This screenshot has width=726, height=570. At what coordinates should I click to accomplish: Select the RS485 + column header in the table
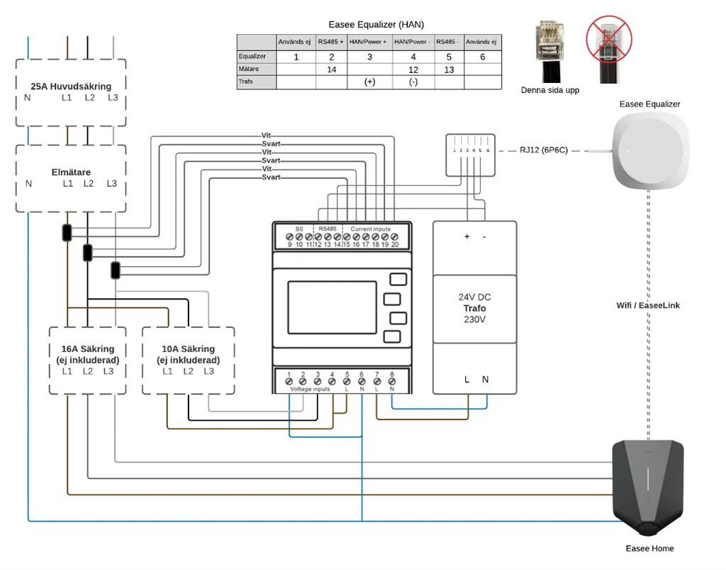(x=330, y=42)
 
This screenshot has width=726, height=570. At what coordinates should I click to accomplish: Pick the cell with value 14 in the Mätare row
(x=330, y=69)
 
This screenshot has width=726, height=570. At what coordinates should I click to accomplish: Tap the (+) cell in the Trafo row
(x=369, y=82)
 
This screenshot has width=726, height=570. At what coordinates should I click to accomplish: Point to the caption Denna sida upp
(x=550, y=90)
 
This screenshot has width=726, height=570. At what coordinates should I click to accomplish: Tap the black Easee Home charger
(x=649, y=486)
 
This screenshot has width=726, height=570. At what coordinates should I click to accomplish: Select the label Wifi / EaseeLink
(x=649, y=305)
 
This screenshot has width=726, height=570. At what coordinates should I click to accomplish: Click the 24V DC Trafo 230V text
(x=474, y=309)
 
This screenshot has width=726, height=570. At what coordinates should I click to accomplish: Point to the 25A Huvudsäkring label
(x=71, y=86)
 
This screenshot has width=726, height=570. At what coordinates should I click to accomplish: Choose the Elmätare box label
(x=71, y=171)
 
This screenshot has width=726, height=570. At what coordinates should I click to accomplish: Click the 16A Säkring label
(x=88, y=349)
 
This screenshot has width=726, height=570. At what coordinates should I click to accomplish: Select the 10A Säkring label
(x=188, y=349)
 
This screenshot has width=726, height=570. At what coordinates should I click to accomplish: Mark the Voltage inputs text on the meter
(x=311, y=389)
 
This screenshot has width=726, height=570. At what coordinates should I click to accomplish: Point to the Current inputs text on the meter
(x=371, y=229)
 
